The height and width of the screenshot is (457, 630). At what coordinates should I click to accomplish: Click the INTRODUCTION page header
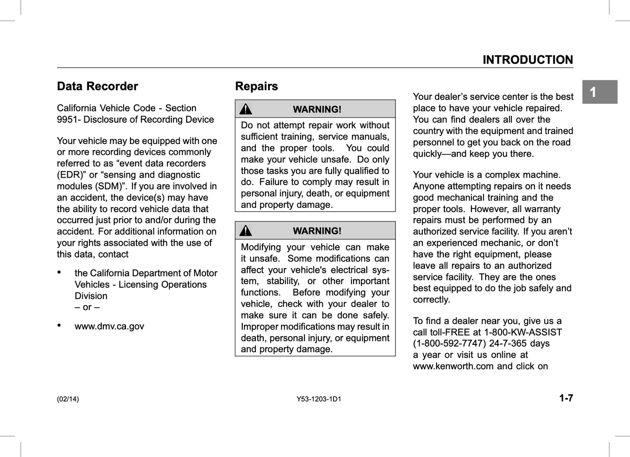point(528,60)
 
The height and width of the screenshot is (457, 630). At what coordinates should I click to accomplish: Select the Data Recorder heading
point(97,86)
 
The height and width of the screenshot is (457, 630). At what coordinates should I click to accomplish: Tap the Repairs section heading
point(256,86)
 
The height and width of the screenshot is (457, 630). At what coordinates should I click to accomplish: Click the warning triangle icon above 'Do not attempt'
point(246,109)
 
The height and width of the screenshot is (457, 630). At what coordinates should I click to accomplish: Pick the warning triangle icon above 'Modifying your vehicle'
point(246,230)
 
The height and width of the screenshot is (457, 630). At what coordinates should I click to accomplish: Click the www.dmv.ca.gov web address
point(109,326)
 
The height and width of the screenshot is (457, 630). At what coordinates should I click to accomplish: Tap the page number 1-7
point(566,398)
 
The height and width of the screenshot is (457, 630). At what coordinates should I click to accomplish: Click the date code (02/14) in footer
point(68,399)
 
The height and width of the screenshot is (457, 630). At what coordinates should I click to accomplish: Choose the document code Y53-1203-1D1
point(319,399)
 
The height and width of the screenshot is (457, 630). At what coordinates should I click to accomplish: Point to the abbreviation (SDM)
point(109,186)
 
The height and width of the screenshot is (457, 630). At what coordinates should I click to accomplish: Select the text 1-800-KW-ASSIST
point(523,332)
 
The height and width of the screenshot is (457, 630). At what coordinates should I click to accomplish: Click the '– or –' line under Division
point(87,307)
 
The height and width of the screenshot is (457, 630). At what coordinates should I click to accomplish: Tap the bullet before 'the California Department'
point(59,272)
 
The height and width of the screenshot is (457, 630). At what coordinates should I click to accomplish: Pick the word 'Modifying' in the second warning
point(261,247)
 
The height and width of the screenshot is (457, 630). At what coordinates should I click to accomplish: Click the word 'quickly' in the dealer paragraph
point(428,154)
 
